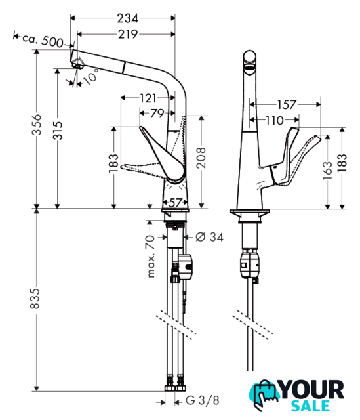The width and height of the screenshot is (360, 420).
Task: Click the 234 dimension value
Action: coord(128,18)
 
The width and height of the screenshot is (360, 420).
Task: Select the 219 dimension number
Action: coord(128,34)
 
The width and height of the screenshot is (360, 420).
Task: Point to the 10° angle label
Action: coord(91,76)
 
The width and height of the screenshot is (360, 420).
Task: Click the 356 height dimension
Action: coord(37,125)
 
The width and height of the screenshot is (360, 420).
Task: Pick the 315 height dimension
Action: coord(58,131)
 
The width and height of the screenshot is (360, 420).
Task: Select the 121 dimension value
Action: coord(148,98)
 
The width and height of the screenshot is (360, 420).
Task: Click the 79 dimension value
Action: coord(157,114)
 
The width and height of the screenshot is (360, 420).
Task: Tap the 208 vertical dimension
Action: coord(201,157)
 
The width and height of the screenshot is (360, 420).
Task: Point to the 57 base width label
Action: coord(175,203)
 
